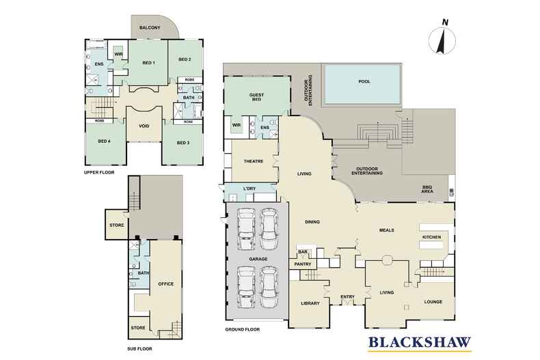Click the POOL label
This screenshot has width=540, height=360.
[x=364, y=81]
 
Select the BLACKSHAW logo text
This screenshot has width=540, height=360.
[x=420, y=342]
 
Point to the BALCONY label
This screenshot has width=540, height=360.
[x=150, y=27]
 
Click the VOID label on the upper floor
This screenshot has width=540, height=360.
[x=144, y=126]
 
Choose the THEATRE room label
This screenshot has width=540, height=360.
[x=254, y=161]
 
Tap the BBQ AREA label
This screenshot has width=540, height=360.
[x=427, y=189]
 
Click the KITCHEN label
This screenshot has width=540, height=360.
[x=431, y=237]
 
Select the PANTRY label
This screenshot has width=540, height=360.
[x=303, y=264]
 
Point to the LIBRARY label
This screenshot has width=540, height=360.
[x=310, y=303]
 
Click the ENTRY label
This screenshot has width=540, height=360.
[x=347, y=296]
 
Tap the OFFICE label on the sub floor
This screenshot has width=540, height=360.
[x=165, y=284]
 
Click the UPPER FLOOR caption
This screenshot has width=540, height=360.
[x=99, y=172]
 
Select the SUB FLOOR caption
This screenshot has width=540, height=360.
[x=139, y=348]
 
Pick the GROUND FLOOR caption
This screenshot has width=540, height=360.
[x=243, y=329]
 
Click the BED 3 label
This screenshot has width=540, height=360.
[x=183, y=143]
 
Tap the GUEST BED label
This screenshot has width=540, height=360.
[x=256, y=97]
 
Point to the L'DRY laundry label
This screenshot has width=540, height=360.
[x=249, y=189]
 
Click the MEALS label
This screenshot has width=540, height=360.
[x=386, y=230]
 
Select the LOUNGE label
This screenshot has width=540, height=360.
[x=433, y=302]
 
